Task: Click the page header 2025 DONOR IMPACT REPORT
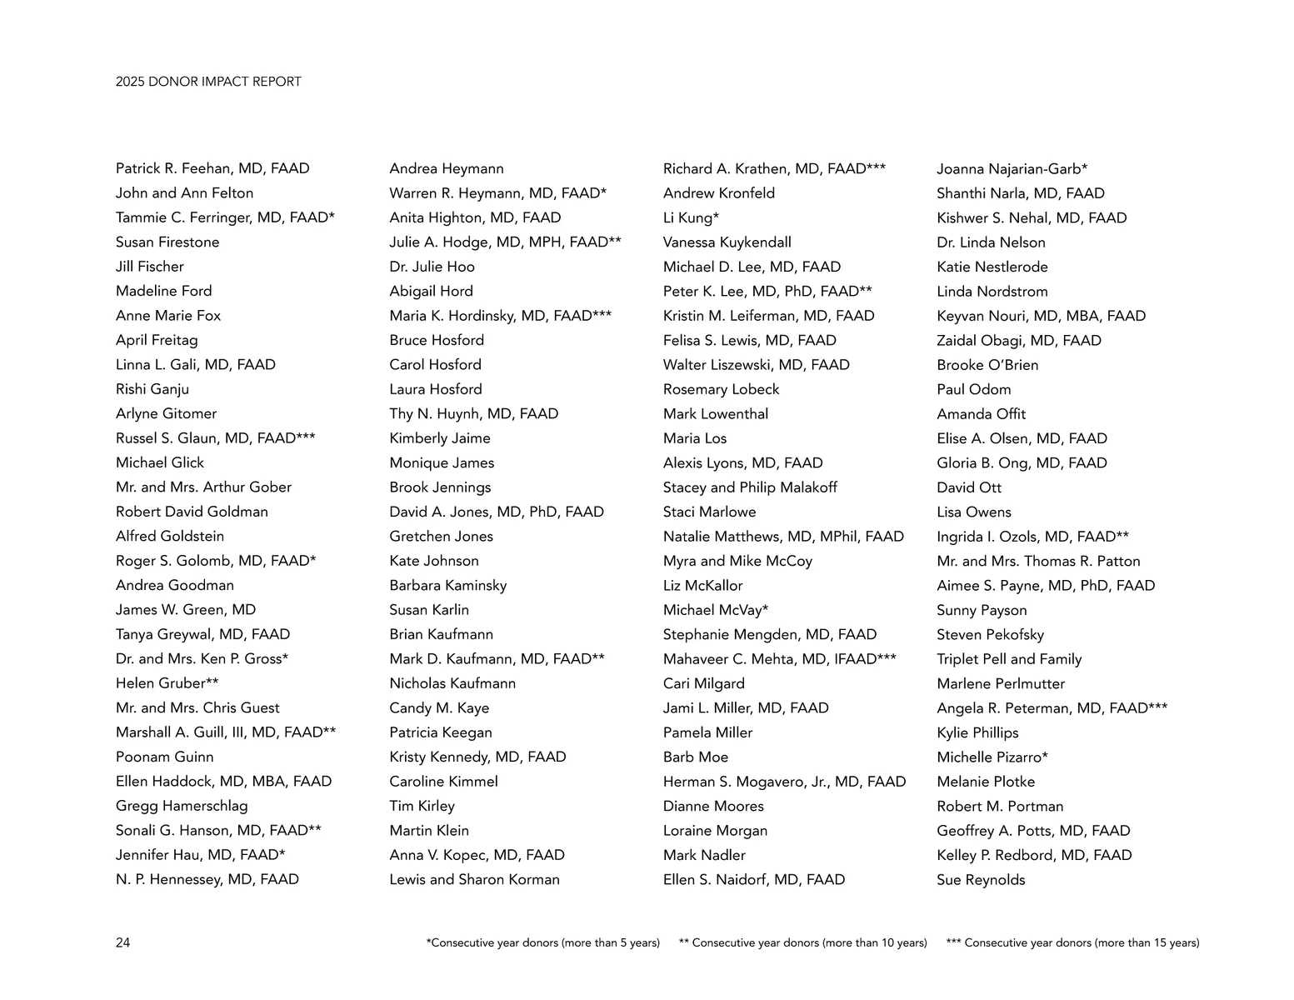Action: tap(208, 82)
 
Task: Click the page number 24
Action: tap(122, 942)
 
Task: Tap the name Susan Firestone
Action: tap(167, 242)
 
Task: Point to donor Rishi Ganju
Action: tap(152, 389)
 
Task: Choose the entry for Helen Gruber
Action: tap(167, 683)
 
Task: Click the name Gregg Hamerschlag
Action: tap(182, 806)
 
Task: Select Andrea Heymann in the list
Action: tap(447, 168)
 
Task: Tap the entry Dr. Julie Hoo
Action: tap(432, 267)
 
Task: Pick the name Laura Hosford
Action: tap(436, 389)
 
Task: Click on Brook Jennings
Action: tap(440, 487)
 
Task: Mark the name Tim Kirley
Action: tap(422, 806)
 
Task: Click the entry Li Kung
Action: tap(691, 217)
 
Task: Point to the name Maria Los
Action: tap(695, 438)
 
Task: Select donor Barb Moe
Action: tap(696, 757)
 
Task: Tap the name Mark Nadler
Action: tap(704, 855)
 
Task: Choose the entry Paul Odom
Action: tap(973, 389)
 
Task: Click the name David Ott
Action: tap(969, 487)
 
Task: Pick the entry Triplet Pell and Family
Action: tap(1009, 659)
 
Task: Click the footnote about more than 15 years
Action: tap(1072, 942)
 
